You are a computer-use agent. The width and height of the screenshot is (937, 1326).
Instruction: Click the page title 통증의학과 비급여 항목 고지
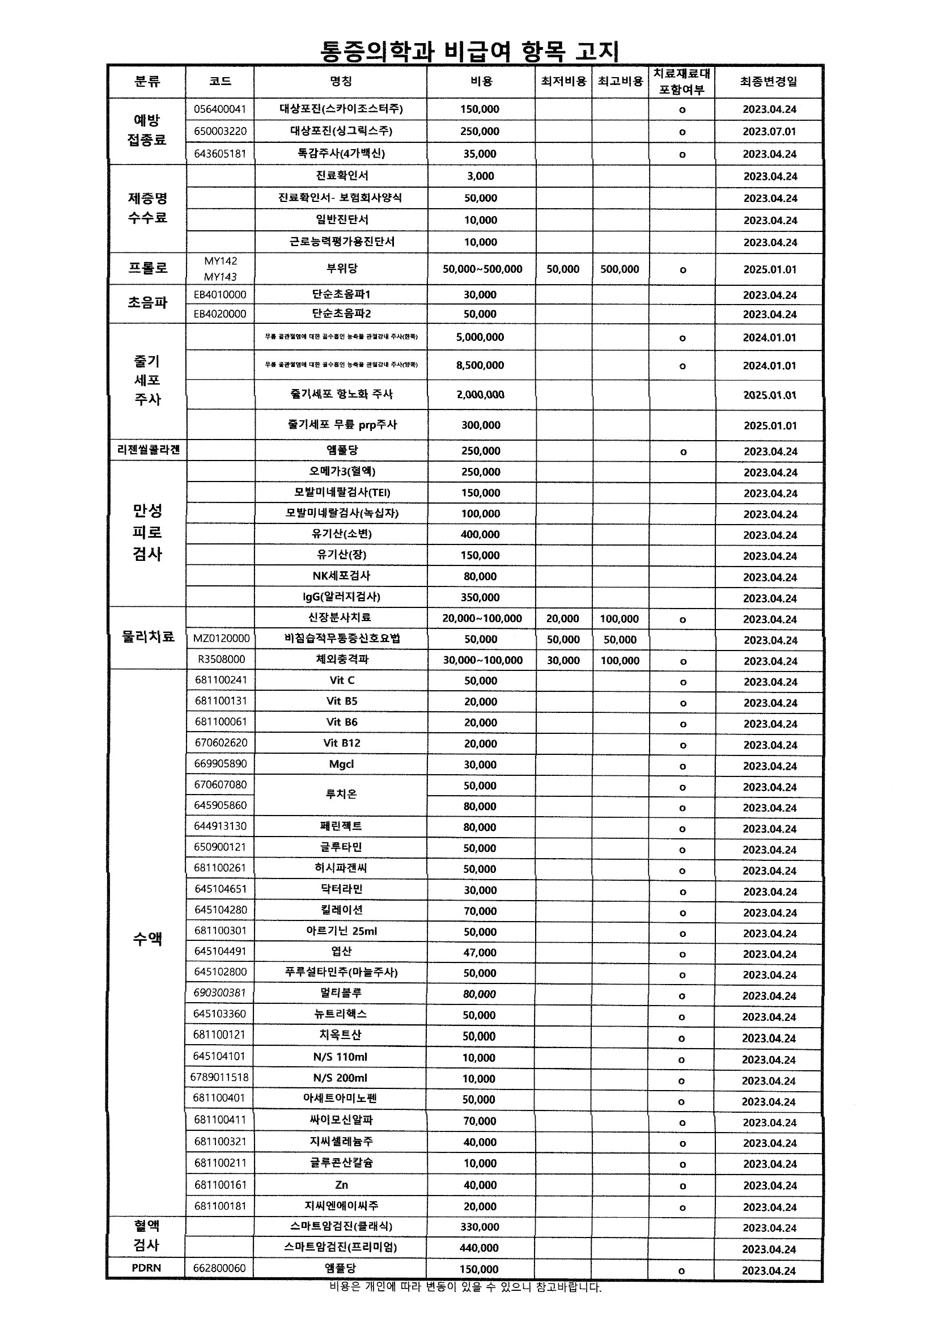[469, 52]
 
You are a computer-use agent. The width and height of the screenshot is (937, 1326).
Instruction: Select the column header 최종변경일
[768, 82]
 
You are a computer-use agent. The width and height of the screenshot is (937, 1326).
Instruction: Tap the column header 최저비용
[563, 82]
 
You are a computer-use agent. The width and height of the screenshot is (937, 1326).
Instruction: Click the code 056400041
[220, 109]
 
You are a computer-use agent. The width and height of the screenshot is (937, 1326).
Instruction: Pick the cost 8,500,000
[480, 365]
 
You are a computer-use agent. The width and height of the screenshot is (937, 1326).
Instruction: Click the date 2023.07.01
[769, 132]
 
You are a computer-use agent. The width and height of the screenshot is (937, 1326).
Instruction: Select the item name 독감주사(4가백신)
[341, 154]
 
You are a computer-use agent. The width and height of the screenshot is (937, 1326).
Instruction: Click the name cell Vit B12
[341, 744]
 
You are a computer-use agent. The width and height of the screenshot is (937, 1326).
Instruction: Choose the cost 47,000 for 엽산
[480, 952]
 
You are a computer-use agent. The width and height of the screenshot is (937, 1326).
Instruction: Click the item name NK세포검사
[341, 576]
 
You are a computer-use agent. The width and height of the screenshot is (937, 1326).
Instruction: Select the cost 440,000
[478, 1248]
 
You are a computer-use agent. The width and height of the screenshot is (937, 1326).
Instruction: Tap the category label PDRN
[146, 1268]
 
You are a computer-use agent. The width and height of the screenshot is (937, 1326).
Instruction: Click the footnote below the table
[465, 1287]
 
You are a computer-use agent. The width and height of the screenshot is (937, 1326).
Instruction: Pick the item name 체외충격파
[341, 659]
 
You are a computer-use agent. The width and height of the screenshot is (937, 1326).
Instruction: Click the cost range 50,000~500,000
[482, 269]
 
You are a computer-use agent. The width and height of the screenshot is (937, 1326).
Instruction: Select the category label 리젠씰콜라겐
[149, 450]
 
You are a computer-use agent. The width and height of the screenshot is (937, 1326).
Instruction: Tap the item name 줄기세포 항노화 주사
[341, 394]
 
